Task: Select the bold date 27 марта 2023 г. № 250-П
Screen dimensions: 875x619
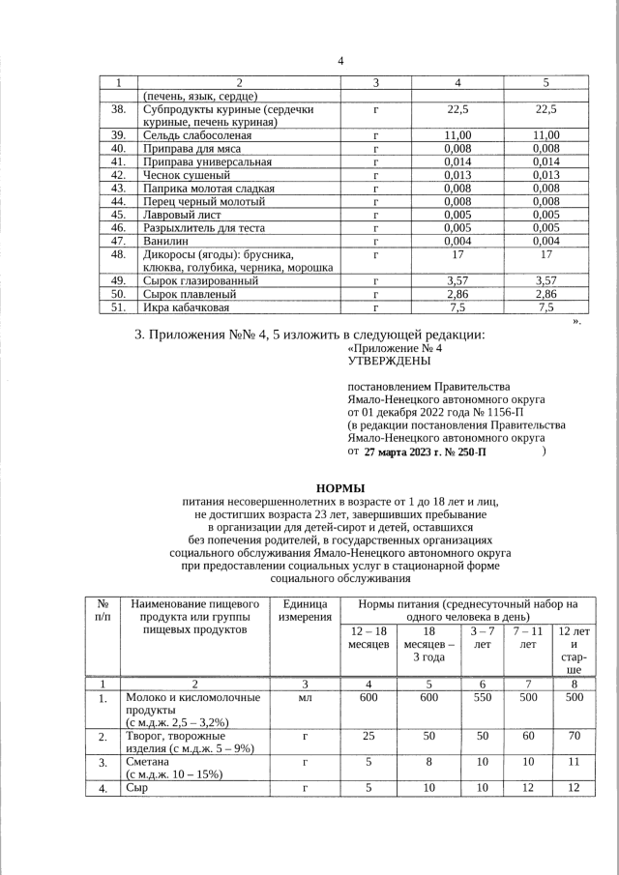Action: (426, 452)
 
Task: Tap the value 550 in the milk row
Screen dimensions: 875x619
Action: (483, 698)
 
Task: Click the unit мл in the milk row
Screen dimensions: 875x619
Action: (303, 698)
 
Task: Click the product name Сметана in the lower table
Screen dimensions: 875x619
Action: (148, 762)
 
